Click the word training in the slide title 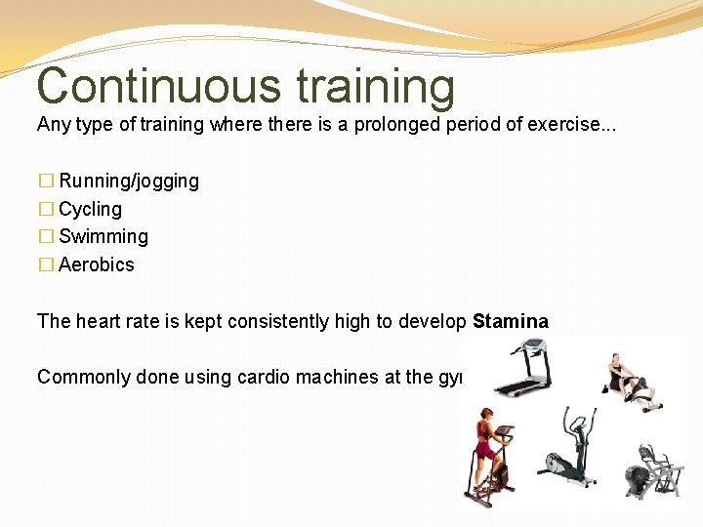(375, 86)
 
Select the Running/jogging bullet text (129, 181)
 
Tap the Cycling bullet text (90, 209)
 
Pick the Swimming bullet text (103, 236)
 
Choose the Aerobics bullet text (97, 264)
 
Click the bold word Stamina (511, 321)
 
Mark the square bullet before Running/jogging (45, 182)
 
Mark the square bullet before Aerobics (45, 265)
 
